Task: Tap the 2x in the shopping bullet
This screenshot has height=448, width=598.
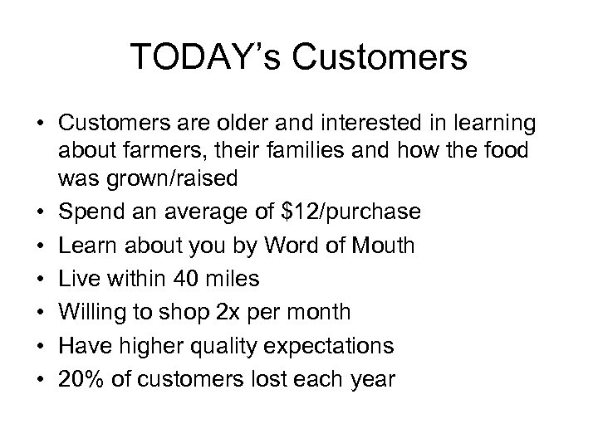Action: click(x=227, y=313)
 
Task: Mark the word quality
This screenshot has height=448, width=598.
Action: click(x=245, y=346)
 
